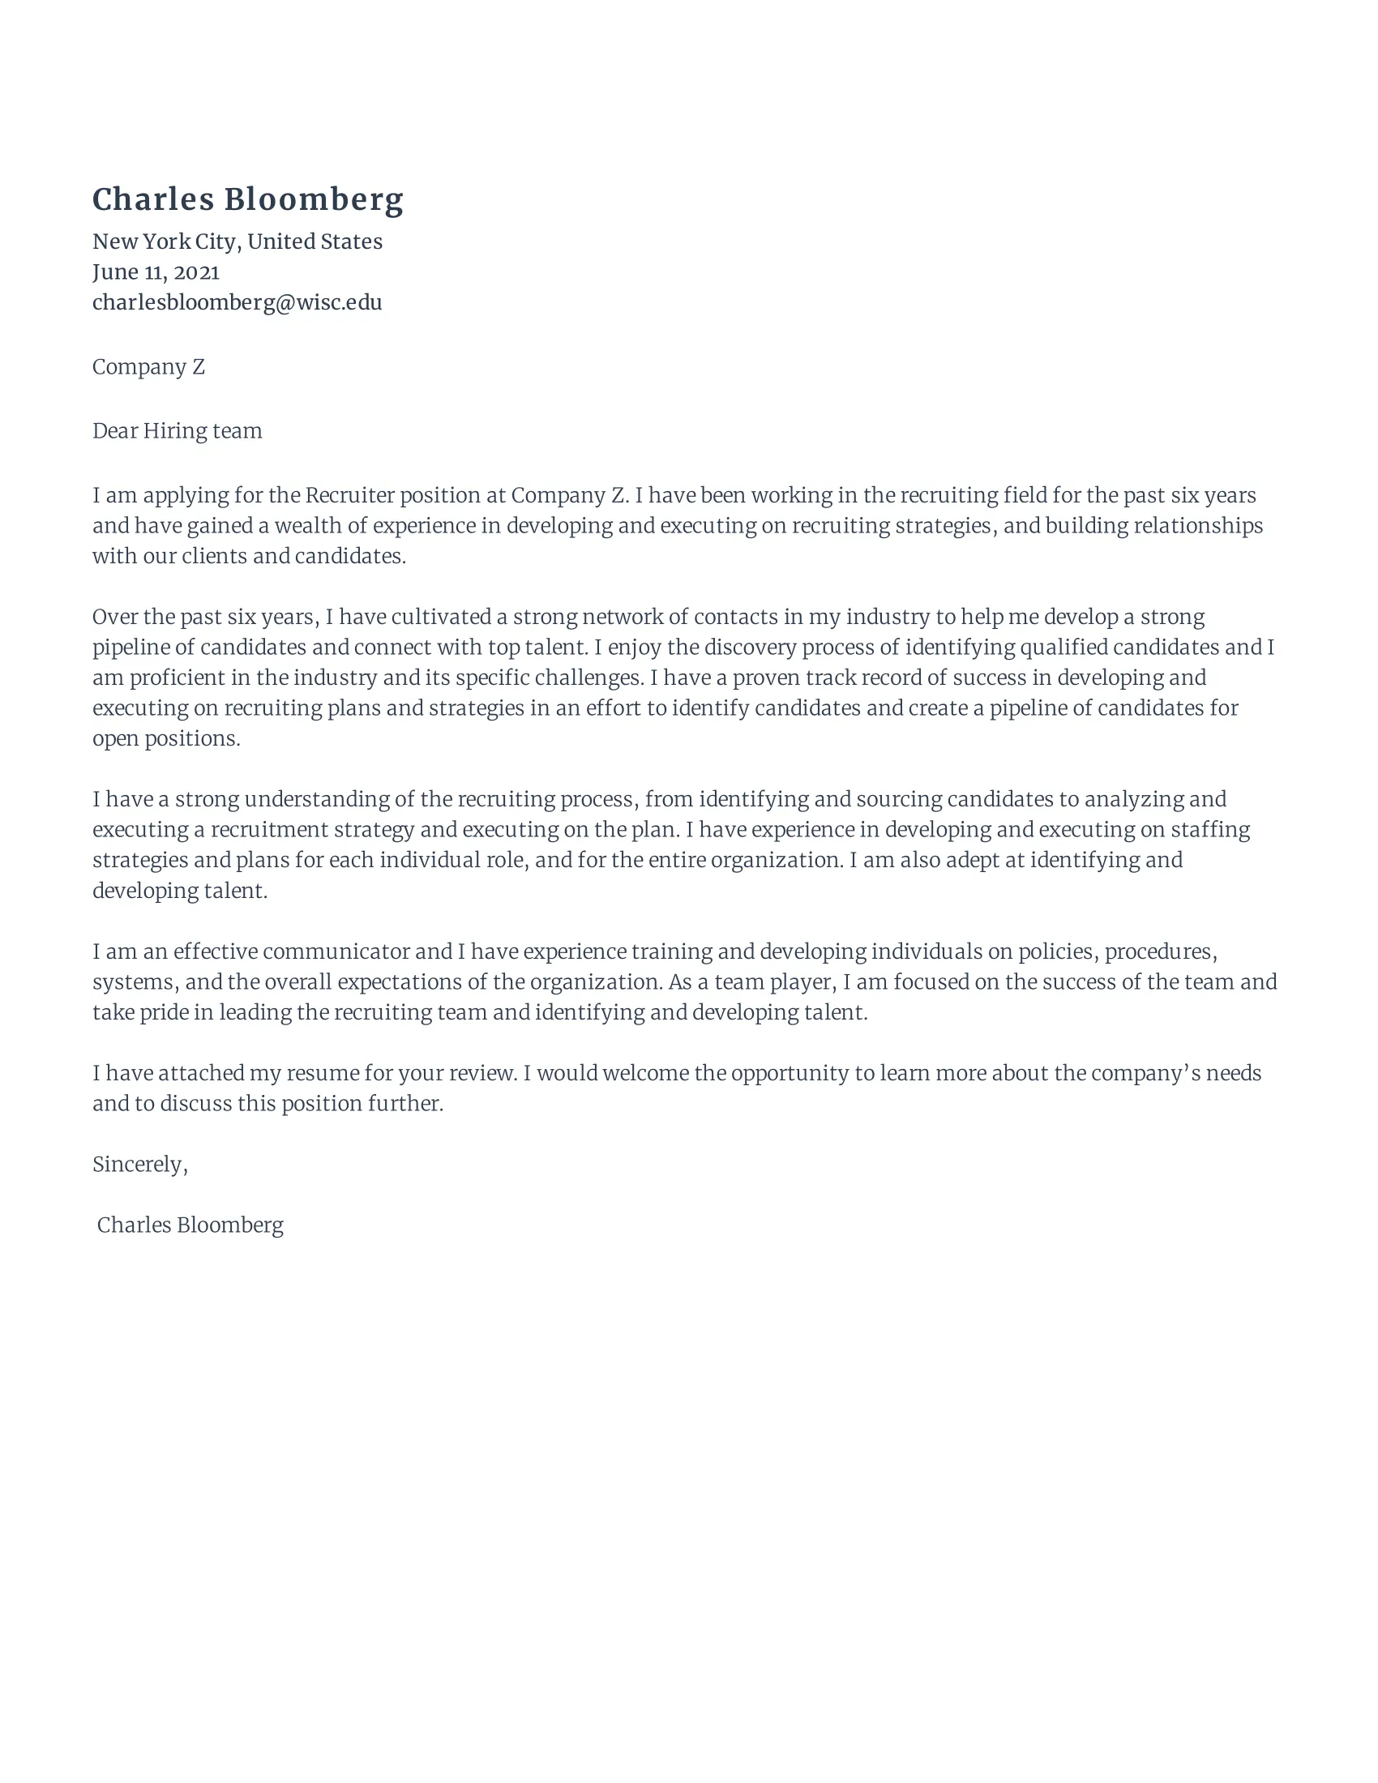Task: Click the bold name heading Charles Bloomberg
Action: coord(247,200)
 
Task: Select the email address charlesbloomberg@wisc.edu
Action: coord(237,303)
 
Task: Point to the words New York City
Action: coord(164,242)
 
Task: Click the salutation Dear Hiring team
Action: coord(178,431)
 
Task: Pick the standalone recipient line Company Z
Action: coord(148,367)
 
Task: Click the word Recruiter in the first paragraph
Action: coord(349,495)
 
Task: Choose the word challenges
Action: coord(586,678)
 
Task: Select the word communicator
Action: coord(336,952)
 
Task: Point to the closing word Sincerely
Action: coord(139,1165)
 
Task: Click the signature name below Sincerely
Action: coord(190,1225)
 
